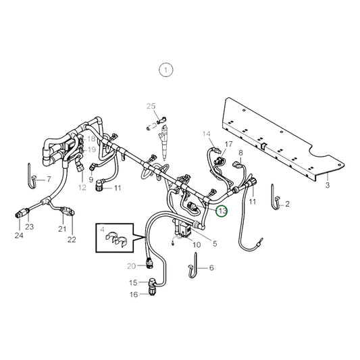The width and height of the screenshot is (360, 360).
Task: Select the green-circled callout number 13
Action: (x=222, y=211)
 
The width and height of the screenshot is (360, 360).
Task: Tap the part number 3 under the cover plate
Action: (x=327, y=184)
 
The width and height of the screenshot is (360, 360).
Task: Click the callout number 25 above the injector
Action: (x=151, y=105)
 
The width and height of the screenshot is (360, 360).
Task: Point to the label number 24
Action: (x=19, y=236)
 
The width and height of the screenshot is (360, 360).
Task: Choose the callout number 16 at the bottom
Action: (x=133, y=294)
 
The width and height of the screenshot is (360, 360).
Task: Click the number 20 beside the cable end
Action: (x=131, y=265)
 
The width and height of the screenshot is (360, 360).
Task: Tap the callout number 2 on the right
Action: (x=287, y=203)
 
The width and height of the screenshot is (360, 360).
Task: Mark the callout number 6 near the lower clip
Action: (x=210, y=267)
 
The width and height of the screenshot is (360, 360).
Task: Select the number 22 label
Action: (x=72, y=239)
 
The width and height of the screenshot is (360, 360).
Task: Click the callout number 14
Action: (x=206, y=134)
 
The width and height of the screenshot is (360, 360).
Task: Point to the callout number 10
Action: (x=197, y=245)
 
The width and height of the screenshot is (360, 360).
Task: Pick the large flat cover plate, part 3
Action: (x=284, y=138)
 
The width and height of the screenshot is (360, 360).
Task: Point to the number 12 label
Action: (x=82, y=187)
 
